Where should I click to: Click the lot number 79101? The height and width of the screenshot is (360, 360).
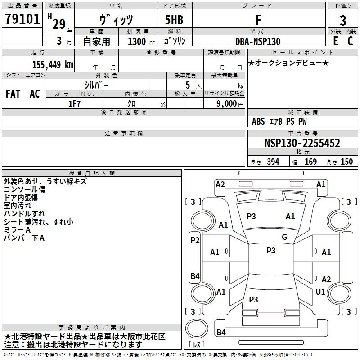[x=22, y=19]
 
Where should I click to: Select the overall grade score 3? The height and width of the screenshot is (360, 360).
[x=343, y=20]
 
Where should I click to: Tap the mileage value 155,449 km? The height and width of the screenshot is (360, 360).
[x=53, y=64]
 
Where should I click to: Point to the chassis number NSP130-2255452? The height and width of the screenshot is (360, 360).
[x=302, y=143]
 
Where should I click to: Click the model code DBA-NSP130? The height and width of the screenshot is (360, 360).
[x=258, y=41]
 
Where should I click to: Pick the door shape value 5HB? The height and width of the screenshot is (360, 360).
[x=174, y=20]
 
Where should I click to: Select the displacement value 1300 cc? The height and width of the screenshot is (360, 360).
[x=141, y=41]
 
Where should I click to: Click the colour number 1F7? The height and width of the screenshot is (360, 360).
[x=74, y=104]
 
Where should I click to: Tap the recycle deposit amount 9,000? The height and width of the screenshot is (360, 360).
[x=227, y=103]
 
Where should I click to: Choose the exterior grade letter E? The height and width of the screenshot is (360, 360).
[x=335, y=41]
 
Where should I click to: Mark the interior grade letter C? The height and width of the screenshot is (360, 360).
[x=350, y=41]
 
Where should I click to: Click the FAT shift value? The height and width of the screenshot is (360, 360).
[x=13, y=94]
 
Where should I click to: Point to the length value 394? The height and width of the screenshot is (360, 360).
[x=273, y=162]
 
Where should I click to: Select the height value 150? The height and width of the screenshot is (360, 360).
[x=346, y=162]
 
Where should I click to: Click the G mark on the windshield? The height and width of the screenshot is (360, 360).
[x=284, y=237]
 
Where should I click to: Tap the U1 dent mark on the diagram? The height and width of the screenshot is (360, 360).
[x=320, y=292]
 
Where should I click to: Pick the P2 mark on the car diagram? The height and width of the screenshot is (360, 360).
[x=195, y=240]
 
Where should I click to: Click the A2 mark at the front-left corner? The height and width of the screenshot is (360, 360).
[x=220, y=184]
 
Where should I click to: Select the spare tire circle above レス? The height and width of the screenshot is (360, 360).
[x=197, y=328]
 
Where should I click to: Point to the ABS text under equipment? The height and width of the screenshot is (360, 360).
[x=258, y=121]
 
